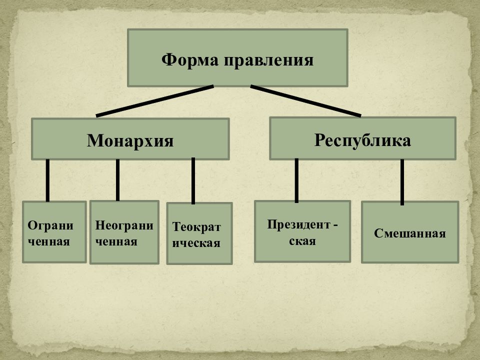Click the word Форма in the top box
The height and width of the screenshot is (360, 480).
190,60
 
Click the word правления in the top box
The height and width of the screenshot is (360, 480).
269,60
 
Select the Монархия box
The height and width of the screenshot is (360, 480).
130,139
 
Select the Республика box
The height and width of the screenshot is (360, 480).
363,138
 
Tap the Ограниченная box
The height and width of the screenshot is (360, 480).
54,231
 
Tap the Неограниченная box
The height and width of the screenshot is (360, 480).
124,232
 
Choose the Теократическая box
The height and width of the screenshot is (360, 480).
199,233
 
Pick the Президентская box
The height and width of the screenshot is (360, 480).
302,231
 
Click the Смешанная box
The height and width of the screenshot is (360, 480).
410,232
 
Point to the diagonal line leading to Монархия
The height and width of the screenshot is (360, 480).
154,101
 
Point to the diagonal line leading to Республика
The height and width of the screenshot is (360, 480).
305,101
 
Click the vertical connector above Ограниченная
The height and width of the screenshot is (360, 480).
47,180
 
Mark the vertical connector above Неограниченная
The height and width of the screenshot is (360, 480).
117,180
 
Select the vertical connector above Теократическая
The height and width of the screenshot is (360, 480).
193,181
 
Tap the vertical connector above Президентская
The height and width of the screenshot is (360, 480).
296,180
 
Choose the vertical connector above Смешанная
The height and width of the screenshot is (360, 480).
402,182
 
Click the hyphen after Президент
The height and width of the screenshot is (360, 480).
335,225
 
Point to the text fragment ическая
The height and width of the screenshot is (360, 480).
196,243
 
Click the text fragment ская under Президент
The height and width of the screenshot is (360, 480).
302,241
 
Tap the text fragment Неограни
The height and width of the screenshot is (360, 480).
124,225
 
